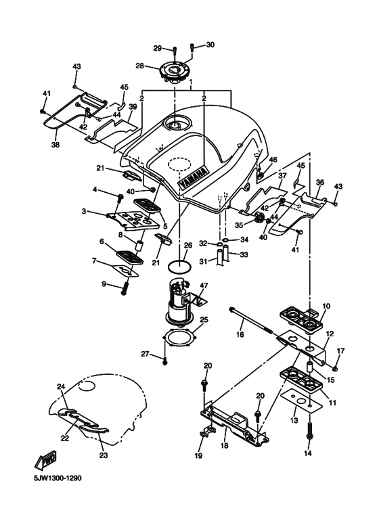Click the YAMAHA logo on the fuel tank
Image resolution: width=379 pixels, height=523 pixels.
tap(190, 177)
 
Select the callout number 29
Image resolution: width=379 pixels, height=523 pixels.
tap(156, 48)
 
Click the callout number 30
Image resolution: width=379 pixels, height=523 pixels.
tap(210, 45)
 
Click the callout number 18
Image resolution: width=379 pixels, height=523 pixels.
tap(224, 447)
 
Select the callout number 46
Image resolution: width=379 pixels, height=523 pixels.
tap(273, 160)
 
